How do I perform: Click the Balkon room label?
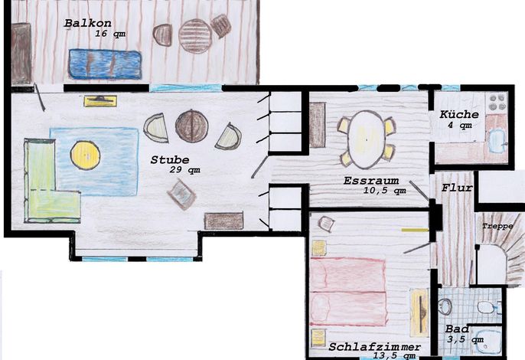pyautogui.click(x=88, y=23)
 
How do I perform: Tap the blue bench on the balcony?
pyautogui.click(x=105, y=64)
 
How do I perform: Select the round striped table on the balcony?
pyautogui.click(x=195, y=36)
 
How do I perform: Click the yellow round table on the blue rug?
pyautogui.click(x=86, y=155)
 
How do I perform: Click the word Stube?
pyautogui.click(x=170, y=160)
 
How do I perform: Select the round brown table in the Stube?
pyautogui.click(x=191, y=126)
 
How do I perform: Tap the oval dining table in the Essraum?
pyautogui.click(x=366, y=139)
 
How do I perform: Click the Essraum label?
pyautogui.click(x=371, y=181)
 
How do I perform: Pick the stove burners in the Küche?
pyautogui.click(x=497, y=102)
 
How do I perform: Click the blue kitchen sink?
pyautogui.click(x=497, y=141)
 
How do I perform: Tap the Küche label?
pyautogui.click(x=459, y=114)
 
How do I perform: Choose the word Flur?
pyautogui.click(x=457, y=188)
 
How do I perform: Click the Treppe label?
pyautogui.click(x=497, y=227)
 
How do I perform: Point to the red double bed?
pyautogui.click(x=348, y=292)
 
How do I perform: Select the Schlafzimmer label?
pyautogui.click(x=375, y=347)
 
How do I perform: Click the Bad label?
pyautogui.click(x=457, y=329)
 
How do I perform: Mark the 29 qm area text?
pyautogui.click(x=185, y=170)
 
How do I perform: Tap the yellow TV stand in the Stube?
pyautogui.click(x=100, y=101)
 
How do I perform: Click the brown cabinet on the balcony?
pyautogui.click(x=21, y=54)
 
